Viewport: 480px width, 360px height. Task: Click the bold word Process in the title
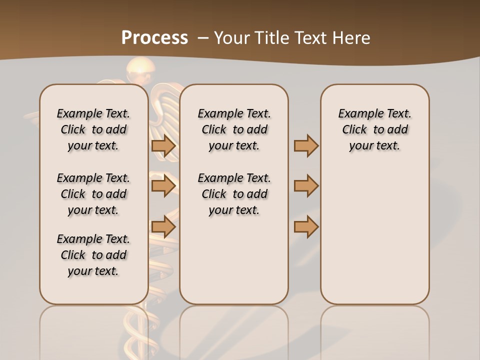[x=154, y=37]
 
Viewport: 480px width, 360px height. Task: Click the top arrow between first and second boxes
[x=163, y=145]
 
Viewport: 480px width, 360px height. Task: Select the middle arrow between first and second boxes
[x=163, y=186]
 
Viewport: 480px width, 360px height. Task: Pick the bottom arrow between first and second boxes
[x=163, y=226]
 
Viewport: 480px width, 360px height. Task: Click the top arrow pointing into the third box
[x=306, y=145]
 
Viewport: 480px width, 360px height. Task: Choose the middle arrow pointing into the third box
[x=306, y=186]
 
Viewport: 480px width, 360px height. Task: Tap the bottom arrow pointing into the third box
[x=306, y=226]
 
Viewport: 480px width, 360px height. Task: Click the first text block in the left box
[x=93, y=129]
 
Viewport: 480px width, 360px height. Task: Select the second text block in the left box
[x=93, y=194]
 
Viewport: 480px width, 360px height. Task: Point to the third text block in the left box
[x=93, y=255]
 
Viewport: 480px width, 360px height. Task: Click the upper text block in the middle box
[x=234, y=129]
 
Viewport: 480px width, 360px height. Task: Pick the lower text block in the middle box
[x=234, y=194]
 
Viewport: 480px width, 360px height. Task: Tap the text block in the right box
[x=375, y=129]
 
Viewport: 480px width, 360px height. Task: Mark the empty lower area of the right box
[x=375, y=235]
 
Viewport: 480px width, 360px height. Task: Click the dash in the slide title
[x=203, y=38]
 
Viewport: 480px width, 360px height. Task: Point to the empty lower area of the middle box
[x=234, y=260]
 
